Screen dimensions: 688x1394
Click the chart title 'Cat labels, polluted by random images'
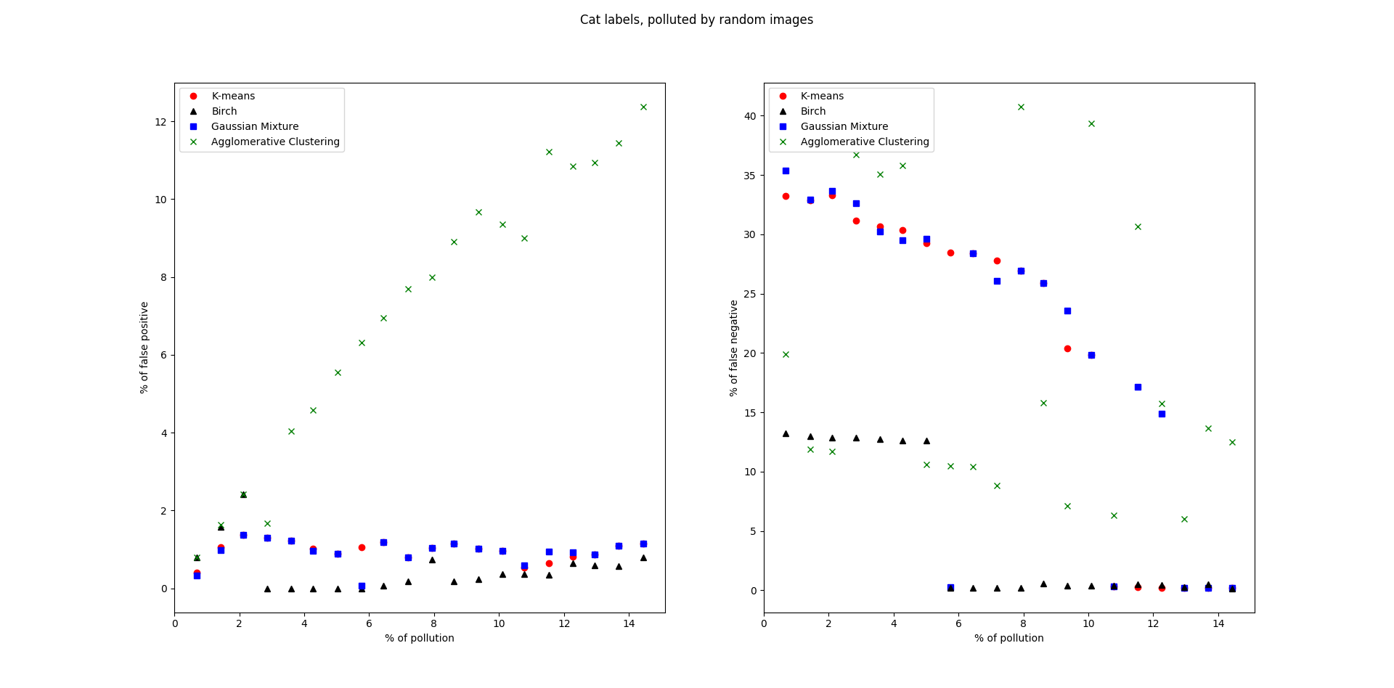pyautogui.click(x=696, y=20)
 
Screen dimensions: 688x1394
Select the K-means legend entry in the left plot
pyautogui.click(x=233, y=96)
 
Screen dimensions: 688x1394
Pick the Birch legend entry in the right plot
pyautogui.click(x=813, y=111)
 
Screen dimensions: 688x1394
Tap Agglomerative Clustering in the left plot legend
pyautogui.click(x=275, y=142)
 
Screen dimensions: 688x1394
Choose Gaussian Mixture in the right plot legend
pyautogui.click(x=844, y=126)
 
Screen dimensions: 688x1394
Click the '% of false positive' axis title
pyautogui.click(x=144, y=348)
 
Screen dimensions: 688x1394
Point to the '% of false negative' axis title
pyautogui.click(x=734, y=348)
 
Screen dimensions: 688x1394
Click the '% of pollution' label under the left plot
pyautogui.click(x=420, y=638)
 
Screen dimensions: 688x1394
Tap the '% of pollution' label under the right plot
pyautogui.click(x=1009, y=638)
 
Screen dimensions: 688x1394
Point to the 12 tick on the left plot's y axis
pyautogui.click(x=160, y=122)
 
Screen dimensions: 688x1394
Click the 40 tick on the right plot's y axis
pyautogui.click(x=750, y=116)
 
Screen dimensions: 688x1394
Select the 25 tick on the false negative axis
pyautogui.click(x=750, y=294)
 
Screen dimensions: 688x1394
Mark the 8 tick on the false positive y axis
pyautogui.click(x=163, y=277)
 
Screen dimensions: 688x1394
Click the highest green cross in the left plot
pyautogui.click(x=643, y=107)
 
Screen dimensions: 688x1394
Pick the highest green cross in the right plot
pyautogui.click(x=1021, y=107)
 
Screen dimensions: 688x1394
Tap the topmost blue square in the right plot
pyautogui.click(x=786, y=171)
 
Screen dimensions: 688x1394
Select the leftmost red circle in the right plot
pyautogui.click(x=786, y=196)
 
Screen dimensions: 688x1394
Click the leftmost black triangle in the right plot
pyautogui.click(x=786, y=433)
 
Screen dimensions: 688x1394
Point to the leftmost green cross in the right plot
pyautogui.click(x=786, y=354)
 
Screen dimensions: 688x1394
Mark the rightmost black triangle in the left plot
pyautogui.click(x=643, y=557)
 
